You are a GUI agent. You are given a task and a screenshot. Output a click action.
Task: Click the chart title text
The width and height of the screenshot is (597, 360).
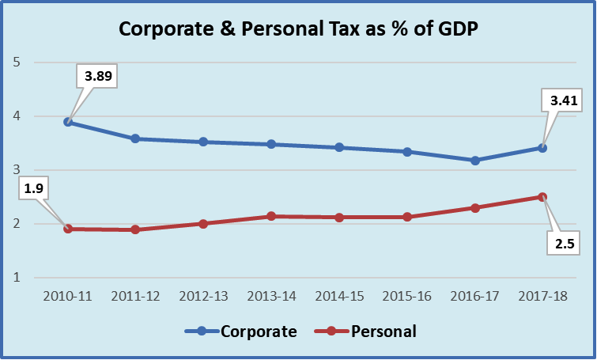pyautogui.click(x=298, y=28)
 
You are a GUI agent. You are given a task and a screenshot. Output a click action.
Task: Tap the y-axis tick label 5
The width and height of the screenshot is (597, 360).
pyautogui.click(x=16, y=63)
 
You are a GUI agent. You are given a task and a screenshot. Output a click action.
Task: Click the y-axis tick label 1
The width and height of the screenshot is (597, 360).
pyautogui.click(x=16, y=278)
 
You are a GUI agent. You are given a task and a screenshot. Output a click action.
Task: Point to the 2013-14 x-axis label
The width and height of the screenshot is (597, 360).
pyautogui.click(x=271, y=296)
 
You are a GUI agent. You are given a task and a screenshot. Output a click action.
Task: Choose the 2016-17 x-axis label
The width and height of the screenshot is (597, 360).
pyautogui.click(x=475, y=296)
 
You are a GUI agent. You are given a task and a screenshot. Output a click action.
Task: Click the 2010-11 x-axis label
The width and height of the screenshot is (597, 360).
pyautogui.click(x=68, y=296)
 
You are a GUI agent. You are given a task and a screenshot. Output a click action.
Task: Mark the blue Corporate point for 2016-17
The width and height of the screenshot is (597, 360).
pyautogui.click(x=475, y=161)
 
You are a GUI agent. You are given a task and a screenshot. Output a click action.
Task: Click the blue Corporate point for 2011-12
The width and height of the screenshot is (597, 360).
pyautogui.click(x=135, y=138)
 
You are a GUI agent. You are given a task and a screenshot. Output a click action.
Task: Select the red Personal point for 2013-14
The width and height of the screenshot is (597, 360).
pyautogui.click(x=271, y=216)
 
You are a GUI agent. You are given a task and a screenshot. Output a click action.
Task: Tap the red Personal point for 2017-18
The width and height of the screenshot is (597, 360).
pyautogui.click(x=543, y=197)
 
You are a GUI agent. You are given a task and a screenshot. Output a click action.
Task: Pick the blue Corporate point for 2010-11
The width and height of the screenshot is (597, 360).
pyautogui.click(x=68, y=122)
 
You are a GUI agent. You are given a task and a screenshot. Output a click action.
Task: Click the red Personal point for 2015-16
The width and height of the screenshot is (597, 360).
pyautogui.click(x=407, y=217)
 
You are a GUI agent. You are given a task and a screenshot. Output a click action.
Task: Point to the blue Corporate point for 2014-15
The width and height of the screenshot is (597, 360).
pyautogui.click(x=339, y=147)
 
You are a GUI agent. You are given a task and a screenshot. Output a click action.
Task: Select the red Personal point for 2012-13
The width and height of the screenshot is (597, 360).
pyautogui.click(x=203, y=224)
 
